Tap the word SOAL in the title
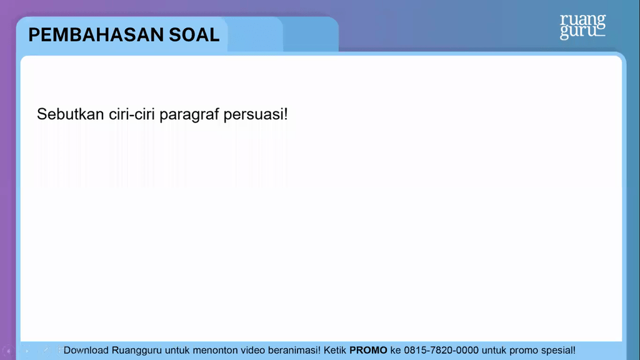(x=194, y=35)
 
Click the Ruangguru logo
(x=582, y=26)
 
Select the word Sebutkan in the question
(x=71, y=114)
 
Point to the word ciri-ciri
(x=132, y=114)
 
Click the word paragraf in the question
(x=189, y=115)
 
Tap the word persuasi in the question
(x=254, y=115)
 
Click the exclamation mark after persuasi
(x=286, y=114)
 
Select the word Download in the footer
(x=86, y=350)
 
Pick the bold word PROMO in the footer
(x=368, y=350)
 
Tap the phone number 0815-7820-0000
(x=441, y=350)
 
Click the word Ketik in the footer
(x=335, y=350)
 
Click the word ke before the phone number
(x=396, y=350)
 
